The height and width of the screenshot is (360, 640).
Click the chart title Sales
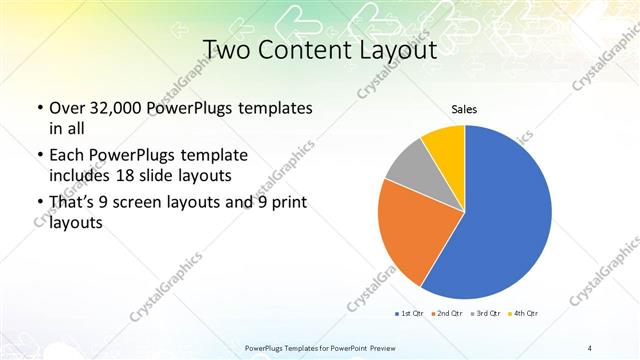click(464, 109)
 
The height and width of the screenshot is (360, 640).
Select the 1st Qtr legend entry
click(411, 314)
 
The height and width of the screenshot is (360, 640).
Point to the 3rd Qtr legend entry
click(487, 314)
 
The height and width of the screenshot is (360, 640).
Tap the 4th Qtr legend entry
click(525, 314)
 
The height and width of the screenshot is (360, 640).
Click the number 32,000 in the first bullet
click(125, 108)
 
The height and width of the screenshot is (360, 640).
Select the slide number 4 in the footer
click(590, 347)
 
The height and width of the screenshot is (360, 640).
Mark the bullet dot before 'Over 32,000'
click(39, 108)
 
